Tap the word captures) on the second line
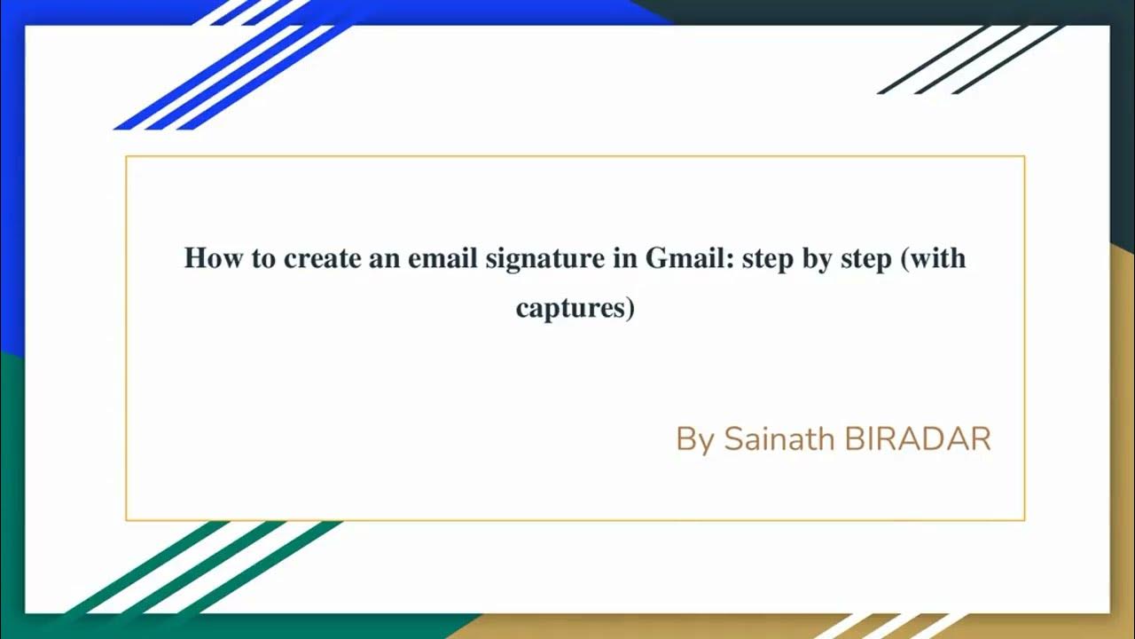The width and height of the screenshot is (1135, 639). click(575, 309)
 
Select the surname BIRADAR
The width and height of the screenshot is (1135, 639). click(918, 438)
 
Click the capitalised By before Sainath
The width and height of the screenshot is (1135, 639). click(694, 439)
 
